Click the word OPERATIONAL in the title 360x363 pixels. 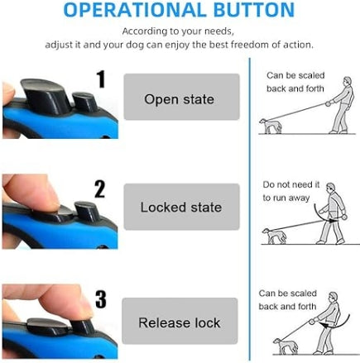tap(136, 10)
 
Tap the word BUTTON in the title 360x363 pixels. tap(254, 10)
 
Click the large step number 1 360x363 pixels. tap(101, 79)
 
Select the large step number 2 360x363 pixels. tap(99, 189)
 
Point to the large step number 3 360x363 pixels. tap(101, 299)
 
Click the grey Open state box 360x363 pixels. tap(181, 97)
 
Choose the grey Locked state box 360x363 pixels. tap(181, 207)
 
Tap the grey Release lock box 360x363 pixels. tap(180, 321)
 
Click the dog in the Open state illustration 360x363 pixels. tap(271, 126)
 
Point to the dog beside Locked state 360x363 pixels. tap(274, 236)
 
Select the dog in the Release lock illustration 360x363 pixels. tap(286, 346)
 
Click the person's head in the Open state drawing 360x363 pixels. tap(348, 82)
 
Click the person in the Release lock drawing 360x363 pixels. tap(328, 323)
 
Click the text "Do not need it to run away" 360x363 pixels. tap(290, 191)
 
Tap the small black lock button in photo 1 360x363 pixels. tap(85, 102)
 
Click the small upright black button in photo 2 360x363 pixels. tap(86, 212)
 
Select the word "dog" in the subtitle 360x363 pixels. tap(135, 45)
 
